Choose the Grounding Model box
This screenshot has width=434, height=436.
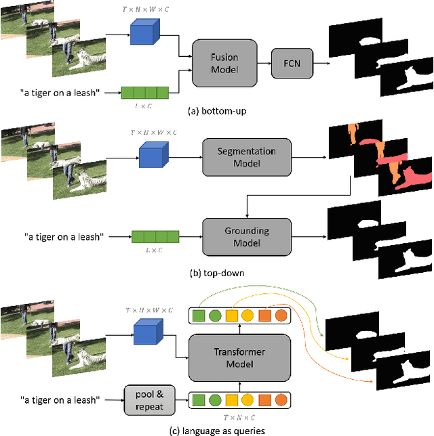click(247, 236)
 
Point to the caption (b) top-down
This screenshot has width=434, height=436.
click(217, 274)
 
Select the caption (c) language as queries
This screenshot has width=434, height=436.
click(217, 429)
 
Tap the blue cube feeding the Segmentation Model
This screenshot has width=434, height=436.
click(153, 154)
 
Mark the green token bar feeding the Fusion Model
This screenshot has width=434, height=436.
click(144, 91)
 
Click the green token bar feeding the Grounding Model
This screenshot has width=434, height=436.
click(155, 236)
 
